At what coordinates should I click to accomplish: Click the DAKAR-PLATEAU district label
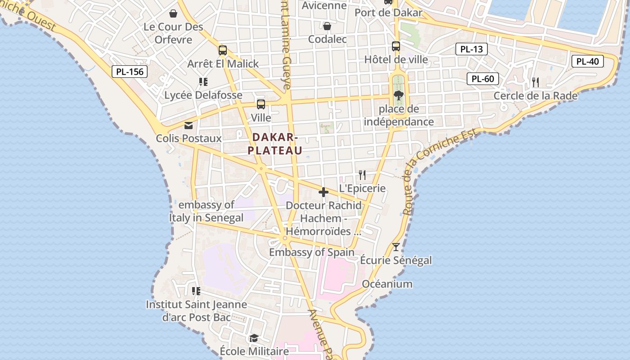[x=274, y=144]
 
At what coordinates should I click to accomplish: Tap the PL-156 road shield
[x=130, y=71]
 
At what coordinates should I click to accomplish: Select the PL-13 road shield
[x=471, y=49]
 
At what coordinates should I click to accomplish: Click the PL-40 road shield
[x=587, y=61]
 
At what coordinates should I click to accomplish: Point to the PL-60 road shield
[x=482, y=79]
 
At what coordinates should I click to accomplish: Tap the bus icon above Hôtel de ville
[x=396, y=46]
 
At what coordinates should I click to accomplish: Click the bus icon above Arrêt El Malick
[x=223, y=50]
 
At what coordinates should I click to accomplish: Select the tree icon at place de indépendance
[x=398, y=95]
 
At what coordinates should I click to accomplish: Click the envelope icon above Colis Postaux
[x=189, y=125]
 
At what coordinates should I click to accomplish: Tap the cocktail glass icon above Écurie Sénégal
[x=396, y=247]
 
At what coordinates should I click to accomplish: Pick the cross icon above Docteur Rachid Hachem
[x=323, y=193]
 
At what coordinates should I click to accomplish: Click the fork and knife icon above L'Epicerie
[x=362, y=175]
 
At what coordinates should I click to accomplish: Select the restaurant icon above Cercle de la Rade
[x=535, y=82]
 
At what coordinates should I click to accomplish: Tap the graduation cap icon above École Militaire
[x=254, y=338]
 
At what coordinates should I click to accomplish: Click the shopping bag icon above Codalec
[x=327, y=26]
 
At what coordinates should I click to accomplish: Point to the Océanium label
[x=387, y=284]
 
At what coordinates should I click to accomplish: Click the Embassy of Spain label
[x=311, y=252]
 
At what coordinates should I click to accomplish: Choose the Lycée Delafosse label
[x=203, y=95]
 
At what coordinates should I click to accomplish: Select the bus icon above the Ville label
[x=261, y=104]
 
